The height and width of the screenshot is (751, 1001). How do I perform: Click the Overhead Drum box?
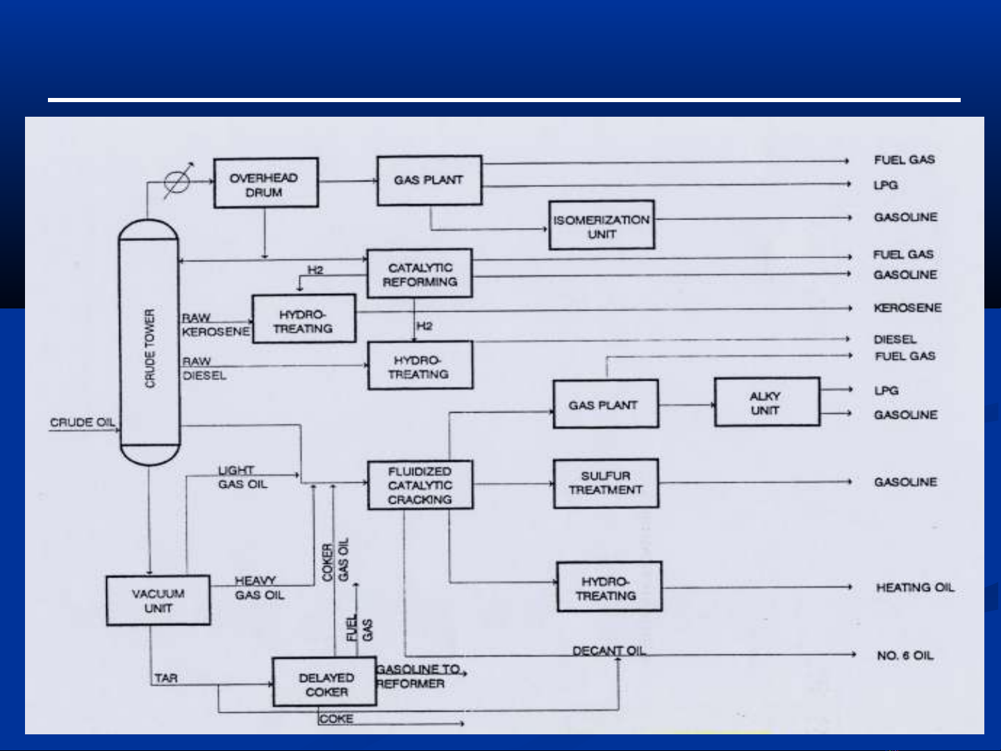(x=265, y=183)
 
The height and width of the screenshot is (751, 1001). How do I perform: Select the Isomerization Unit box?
(x=601, y=225)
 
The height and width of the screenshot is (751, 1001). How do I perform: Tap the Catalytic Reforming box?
(x=420, y=274)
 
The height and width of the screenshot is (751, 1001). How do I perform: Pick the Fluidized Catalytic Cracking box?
(x=420, y=485)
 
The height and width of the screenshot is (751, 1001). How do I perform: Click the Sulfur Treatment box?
(x=605, y=483)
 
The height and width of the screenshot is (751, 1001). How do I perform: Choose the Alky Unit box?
(x=766, y=402)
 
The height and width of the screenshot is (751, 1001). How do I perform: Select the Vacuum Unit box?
(x=158, y=600)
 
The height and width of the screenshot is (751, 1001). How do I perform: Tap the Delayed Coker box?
(x=324, y=683)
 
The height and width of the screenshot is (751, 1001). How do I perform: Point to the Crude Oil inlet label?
(x=82, y=422)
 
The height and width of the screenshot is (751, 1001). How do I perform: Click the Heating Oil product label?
(x=914, y=588)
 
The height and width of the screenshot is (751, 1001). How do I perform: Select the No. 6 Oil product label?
(x=904, y=655)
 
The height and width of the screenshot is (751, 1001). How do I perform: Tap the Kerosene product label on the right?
(x=907, y=308)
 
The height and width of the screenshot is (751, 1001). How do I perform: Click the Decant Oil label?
(x=609, y=650)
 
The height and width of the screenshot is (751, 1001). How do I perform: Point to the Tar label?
(x=165, y=677)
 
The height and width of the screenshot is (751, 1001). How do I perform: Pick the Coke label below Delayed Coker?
(x=336, y=719)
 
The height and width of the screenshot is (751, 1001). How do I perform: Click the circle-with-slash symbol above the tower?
(x=176, y=182)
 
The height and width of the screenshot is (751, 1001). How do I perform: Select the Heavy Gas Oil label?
(x=258, y=588)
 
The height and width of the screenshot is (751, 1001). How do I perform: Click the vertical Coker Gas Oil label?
(x=336, y=561)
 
